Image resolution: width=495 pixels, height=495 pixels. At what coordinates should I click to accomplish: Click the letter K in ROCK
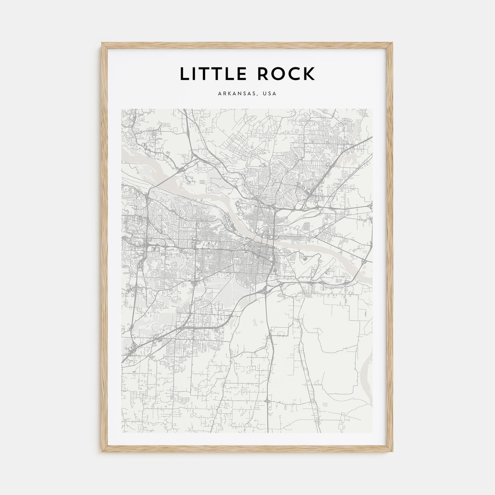309,74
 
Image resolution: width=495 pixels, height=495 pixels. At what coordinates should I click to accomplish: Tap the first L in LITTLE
184,74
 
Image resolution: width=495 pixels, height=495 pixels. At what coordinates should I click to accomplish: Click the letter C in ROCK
294,74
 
